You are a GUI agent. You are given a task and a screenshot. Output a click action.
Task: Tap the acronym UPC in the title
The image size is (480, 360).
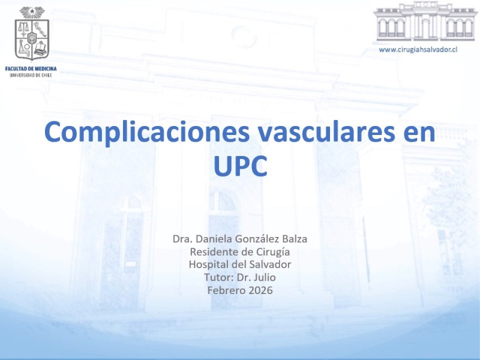[x=241, y=166]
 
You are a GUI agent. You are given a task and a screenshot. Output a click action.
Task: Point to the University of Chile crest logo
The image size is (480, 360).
[x=32, y=34]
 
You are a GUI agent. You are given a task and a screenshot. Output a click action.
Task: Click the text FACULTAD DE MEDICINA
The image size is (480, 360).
[x=31, y=69]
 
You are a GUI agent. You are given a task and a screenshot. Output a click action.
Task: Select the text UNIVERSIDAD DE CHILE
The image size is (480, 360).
[x=31, y=76]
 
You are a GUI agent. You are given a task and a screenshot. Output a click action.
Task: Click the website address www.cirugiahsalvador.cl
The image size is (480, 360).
[x=418, y=50]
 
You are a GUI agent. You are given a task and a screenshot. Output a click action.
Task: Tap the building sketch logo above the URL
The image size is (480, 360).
[x=425, y=22]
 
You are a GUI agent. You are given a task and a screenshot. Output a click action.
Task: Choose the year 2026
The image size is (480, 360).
[x=260, y=290]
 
